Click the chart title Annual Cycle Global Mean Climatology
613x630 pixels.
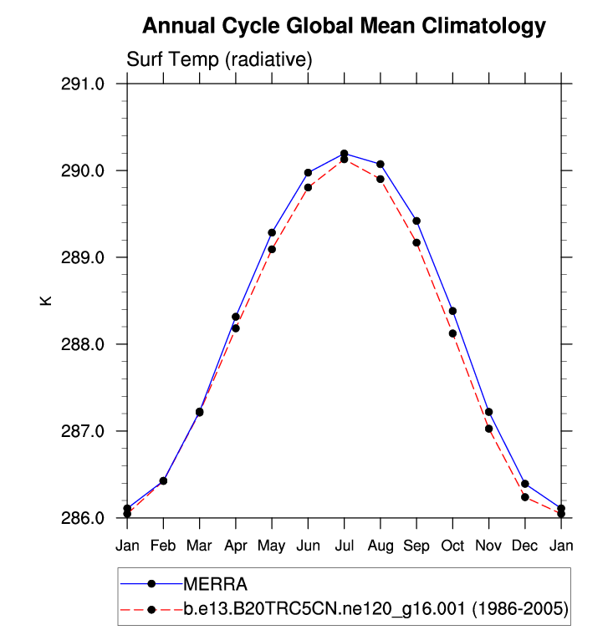(x=344, y=27)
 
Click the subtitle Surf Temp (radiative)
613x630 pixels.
(x=219, y=60)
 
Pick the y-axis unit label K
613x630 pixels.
(x=47, y=299)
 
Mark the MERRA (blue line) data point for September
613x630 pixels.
(x=416, y=221)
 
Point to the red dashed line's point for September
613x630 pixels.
(x=416, y=242)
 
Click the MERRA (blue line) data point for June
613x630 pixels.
(x=308, y=172)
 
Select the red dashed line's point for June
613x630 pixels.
(x=308, y=187)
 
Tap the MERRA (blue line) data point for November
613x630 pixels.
(x=488, y=412)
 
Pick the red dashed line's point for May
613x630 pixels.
(x=272, y=249)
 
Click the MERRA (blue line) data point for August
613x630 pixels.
(x=381, y=164)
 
